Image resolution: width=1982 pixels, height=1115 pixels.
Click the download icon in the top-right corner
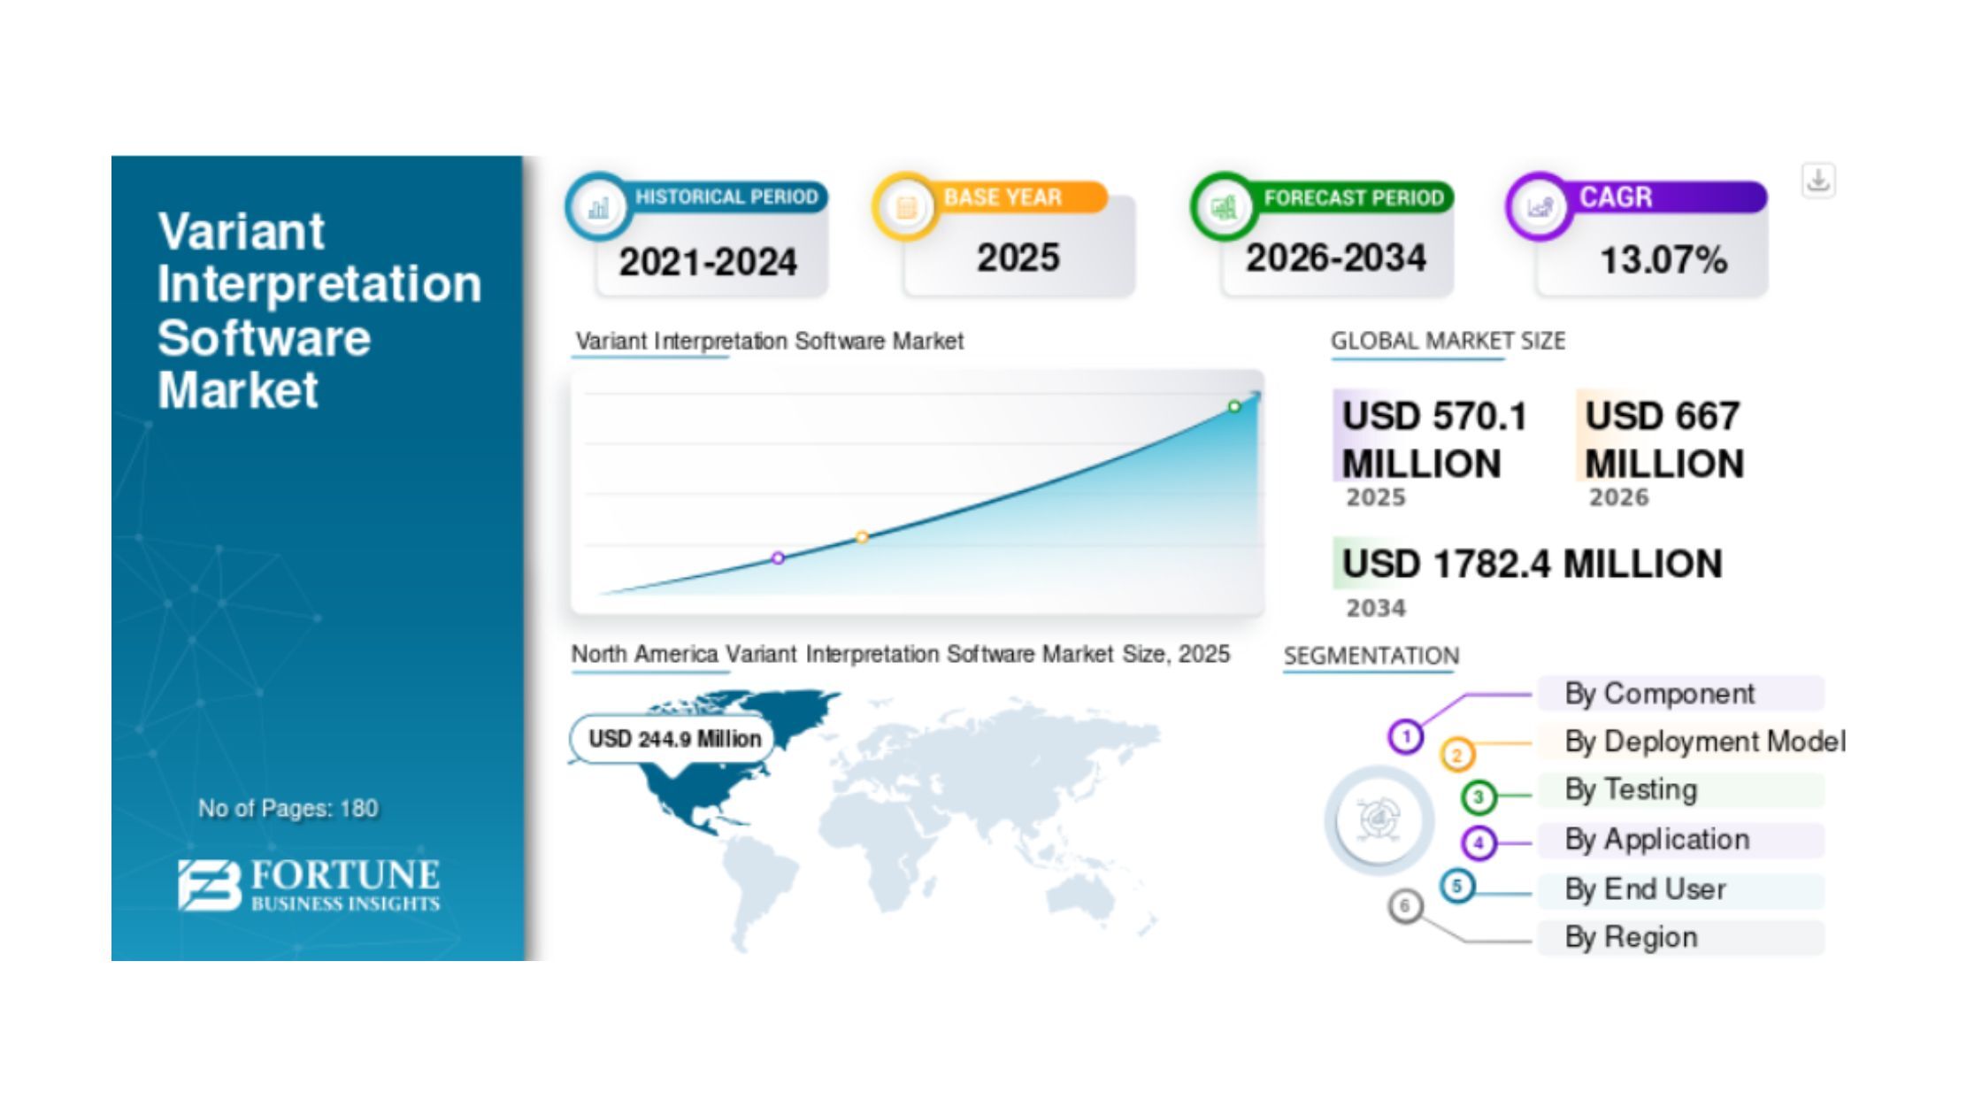pos(1818,181)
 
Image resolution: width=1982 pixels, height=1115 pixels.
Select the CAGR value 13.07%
pos(1663,260)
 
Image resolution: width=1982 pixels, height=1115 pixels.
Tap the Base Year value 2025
pos(1018,258)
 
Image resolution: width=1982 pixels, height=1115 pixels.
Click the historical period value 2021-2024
pos(708,262)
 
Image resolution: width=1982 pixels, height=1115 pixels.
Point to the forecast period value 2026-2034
pos(1336,258)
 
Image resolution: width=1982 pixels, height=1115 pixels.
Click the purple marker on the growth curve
pos(778,557)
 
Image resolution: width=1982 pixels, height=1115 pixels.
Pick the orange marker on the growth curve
pos(862,536)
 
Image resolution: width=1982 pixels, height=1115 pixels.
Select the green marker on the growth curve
pos(1234,406)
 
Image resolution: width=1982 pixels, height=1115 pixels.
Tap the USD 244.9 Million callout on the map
pos(674,739)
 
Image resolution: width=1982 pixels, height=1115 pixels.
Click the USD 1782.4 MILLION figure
pos(1532,564)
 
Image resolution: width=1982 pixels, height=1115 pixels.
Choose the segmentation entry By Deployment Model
pos(1705,742)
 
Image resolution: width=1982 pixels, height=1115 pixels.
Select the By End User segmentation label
pos(1645,888)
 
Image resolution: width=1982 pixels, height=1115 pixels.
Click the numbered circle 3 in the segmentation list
pos(1478,796)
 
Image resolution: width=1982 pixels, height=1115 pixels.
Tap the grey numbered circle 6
pos(1404,905)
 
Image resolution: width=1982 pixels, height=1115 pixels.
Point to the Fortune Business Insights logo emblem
pos(209,884)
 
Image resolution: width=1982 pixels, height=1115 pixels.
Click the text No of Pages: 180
pos(288,808)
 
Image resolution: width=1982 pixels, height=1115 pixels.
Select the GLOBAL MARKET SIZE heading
pos(1448,341)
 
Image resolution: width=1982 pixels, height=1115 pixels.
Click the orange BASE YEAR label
pos(1003,196)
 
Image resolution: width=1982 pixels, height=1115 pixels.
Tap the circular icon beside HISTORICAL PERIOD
pos(598,207)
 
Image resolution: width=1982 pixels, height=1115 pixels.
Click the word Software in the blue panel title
pos(264,337)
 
